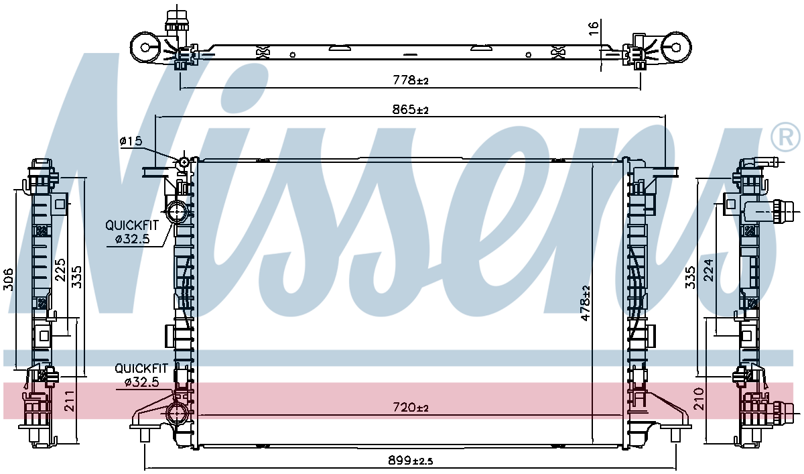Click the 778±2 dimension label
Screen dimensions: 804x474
411,80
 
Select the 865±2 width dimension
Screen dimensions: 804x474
410,109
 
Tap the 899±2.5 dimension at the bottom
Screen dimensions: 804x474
410,460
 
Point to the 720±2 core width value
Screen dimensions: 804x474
411,407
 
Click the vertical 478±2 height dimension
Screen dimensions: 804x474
586,303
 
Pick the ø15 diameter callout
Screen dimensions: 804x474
131,141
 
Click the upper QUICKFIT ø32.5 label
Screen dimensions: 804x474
132,232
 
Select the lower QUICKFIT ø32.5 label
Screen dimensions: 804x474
141,375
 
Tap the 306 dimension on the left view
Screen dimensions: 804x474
8,279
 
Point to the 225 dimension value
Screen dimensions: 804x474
60,270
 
